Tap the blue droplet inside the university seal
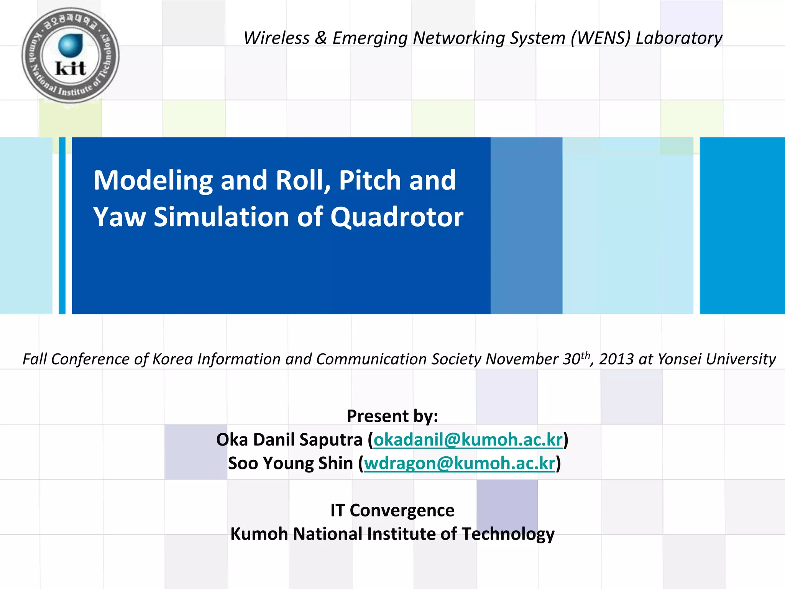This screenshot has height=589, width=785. pos(71,45)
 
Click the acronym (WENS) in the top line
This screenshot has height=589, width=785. pos(600,38)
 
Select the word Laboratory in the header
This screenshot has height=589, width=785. pos(679,38)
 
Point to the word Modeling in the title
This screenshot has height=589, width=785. pos(153,180)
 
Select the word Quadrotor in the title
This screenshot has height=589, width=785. pos(397,217)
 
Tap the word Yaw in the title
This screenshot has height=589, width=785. pos(119,217)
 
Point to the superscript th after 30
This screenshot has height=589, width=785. pos(585,355)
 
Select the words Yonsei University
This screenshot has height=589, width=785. pos(716,359)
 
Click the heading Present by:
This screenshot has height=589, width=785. pos(392,416)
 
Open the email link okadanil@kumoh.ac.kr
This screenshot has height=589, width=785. pos(468,439)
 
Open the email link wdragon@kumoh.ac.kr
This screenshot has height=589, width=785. pos(459,463)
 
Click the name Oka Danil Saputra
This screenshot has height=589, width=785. pos(289,439)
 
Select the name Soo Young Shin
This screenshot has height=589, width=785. pos(291,463)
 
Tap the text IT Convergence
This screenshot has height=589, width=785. pos(392,510)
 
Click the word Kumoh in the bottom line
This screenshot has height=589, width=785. pos(259,534)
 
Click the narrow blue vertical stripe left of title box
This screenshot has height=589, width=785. pos(62,225)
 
